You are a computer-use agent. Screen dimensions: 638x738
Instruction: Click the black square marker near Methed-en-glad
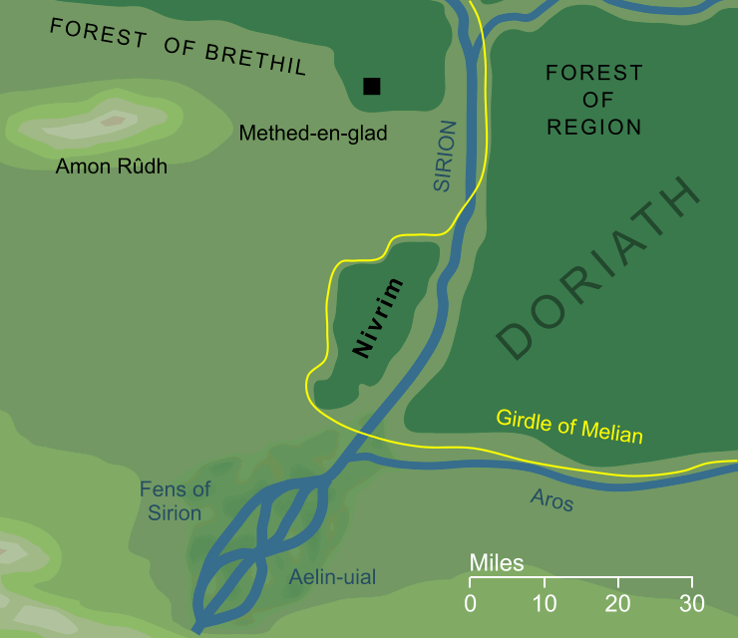(372, 87)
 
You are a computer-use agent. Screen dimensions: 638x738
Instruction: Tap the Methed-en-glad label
(313, 133)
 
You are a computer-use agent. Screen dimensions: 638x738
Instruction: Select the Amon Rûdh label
(112, 166)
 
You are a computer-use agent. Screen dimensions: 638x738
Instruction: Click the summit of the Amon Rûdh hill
(113, 121)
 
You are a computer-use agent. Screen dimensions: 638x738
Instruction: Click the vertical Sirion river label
(444, 157)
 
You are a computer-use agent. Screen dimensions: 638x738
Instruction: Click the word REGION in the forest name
(594, 127)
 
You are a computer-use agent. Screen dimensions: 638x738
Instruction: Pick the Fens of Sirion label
(176, 500)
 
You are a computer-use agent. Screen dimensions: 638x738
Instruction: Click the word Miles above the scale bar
(497, 564)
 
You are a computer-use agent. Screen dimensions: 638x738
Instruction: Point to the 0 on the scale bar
(471, 603)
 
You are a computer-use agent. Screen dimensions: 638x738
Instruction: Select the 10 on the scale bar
(545, 603)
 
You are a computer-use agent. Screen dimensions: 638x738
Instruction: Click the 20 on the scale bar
(618, 603)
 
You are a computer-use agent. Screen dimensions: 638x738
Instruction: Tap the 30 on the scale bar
(692, 603)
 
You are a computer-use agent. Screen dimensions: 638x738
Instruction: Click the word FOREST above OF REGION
(594, 73)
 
